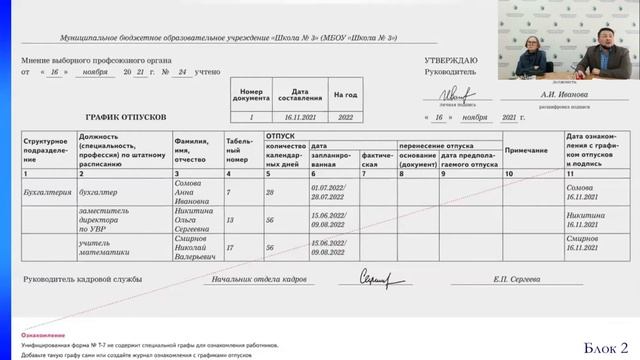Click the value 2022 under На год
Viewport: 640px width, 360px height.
[x=345, y=117]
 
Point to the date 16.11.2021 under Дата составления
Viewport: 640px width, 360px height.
[x=302, y=117]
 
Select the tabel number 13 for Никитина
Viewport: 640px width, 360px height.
[x=230, y=219]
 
